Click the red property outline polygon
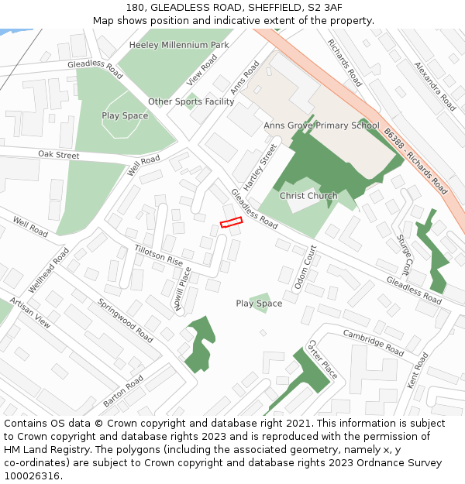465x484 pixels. coord(231,223)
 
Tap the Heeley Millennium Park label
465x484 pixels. coord(179,45)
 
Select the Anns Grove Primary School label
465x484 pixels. coord(322,125)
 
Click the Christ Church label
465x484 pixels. coord(308,196)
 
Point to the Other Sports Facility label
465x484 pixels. coord(191,101)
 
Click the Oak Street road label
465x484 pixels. coord(59,155)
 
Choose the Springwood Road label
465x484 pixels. coord(126,321)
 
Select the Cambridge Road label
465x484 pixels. coord(374,342)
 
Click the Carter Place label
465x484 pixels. coord(322,359)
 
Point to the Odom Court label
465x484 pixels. coord(305,268)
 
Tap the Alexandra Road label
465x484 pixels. coord(436,86)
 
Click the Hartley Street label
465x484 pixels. coord(260,166)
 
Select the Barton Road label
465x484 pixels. coord(123,392)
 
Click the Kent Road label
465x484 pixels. coord(417,370)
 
